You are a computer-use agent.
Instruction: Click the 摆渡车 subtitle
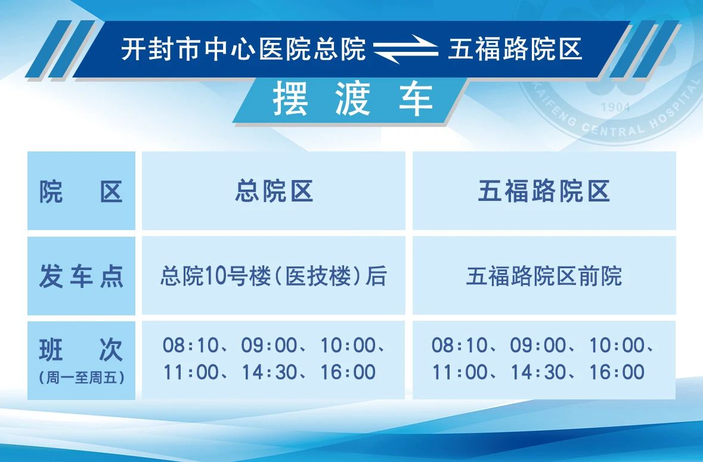[x=353, y=99]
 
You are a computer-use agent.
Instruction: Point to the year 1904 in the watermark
[x=615, y=107]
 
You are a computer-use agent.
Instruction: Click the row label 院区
[x=81, y=192]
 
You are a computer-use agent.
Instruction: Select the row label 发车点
[x=81, y=276]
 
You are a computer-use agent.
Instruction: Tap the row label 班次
[x=81, y=349]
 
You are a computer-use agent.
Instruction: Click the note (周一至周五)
[x=82, y=378]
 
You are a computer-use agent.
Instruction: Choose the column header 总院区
[x=274, y=191]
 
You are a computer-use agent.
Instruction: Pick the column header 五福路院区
[x=544, y=191]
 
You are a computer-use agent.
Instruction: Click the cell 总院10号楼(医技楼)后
[x=274, y=276]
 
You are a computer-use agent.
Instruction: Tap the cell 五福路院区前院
[x=544, y=276]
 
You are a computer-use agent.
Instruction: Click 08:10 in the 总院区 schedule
[x=190, y=346]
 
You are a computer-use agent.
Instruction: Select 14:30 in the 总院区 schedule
[x=269, y=373]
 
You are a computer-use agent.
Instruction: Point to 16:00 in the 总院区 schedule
[x=348, y=373]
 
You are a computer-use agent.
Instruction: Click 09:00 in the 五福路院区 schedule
[x=538, y=346]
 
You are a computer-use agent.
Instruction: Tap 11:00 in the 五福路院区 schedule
[x=460, y=373]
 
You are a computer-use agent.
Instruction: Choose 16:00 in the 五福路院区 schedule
[x=617, y=373]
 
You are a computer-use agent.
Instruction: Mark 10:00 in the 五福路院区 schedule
[x=617, y=346]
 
